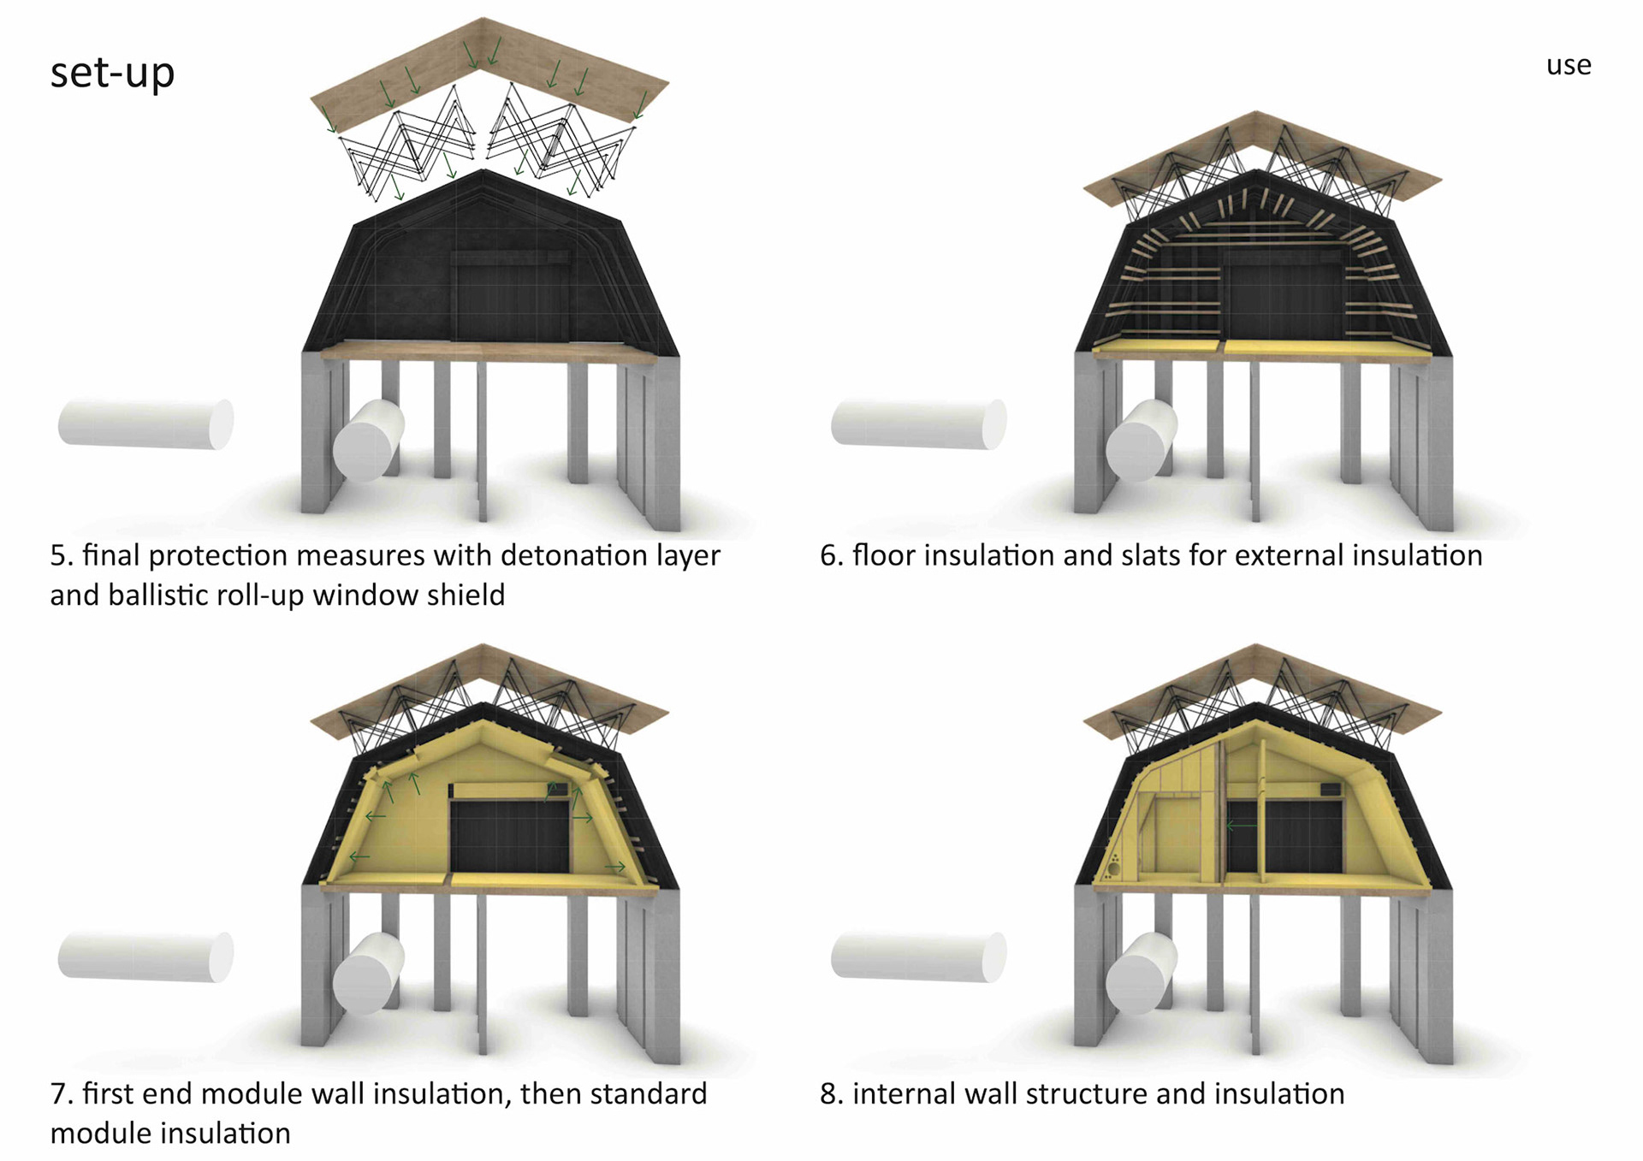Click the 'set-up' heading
click(112, 72)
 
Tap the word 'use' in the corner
click(1568, 66)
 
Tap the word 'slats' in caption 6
click(1143, 556)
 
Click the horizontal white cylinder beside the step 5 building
click(145, 424)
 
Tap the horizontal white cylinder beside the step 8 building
click(918, 957)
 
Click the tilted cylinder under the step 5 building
click(368, 441)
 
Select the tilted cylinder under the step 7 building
click(368, 974)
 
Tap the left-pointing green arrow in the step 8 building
click(1242, 826)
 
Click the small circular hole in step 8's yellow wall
click(1112, 869)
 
